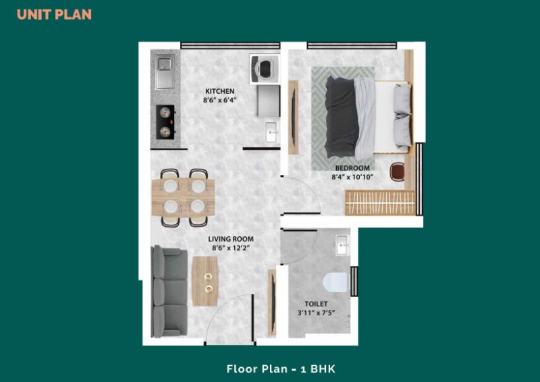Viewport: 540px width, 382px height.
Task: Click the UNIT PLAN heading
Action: click(x=54, y=14)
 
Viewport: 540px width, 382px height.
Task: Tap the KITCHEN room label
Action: click(x=220, y=91)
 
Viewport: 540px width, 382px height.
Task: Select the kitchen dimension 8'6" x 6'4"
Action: click(x=220, y=101)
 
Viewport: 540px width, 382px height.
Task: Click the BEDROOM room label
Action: click(x=352, y=168)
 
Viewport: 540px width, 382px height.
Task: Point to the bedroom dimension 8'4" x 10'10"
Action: click(x=352, y=177)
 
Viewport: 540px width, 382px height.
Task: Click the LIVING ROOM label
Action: click(x=231, y=239)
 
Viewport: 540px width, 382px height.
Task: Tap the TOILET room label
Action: click(x=316, y=304)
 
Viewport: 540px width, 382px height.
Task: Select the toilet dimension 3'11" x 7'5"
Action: click(x=316, y=312)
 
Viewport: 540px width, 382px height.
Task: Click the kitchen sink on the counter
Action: click(x=164, y=73)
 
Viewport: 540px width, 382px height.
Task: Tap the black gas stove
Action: click(x=165, y=122)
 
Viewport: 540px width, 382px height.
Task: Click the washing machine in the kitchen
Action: click(x=265, y=68)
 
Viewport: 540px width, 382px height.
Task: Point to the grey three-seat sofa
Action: click(x=169, y=292)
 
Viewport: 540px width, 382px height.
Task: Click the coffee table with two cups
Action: click(x=205, y=281)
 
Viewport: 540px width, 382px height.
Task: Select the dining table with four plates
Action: click(x=183, y=197)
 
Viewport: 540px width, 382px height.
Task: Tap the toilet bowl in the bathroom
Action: click(x=336, y=281)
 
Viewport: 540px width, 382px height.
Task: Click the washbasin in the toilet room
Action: click(x=343, y=245)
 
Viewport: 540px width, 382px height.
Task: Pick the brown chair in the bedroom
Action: click(x=397, y=172)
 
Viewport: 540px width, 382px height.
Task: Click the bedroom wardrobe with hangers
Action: click(x=380, y=203)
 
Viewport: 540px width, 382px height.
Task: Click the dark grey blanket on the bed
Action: click(x=342, y=117)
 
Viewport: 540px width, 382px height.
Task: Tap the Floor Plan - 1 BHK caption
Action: click(x=281, y=369)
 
